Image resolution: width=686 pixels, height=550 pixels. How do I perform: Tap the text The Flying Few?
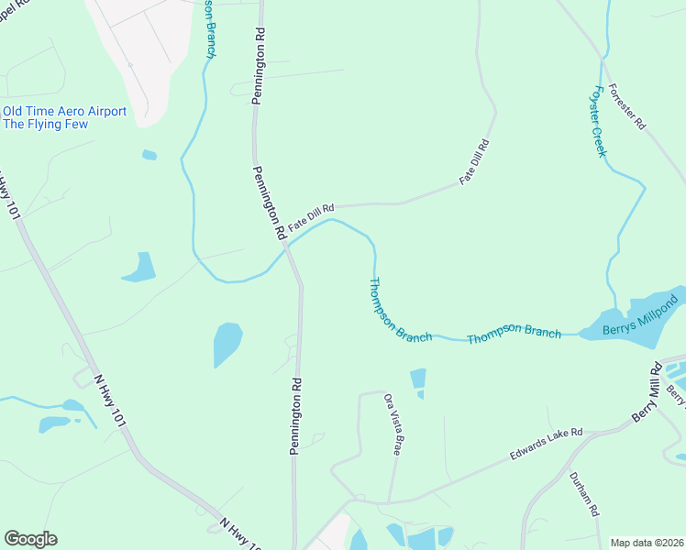tap(46, 125)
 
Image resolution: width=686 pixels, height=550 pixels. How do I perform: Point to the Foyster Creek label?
tap(600, 121)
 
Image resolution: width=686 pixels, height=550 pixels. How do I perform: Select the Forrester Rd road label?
tap(627, 108)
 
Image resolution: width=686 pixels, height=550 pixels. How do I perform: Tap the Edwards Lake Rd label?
tap(547, 445)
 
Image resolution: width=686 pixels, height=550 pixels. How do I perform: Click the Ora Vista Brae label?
tap(393, 423)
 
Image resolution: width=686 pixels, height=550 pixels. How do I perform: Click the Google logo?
tap(30, 539)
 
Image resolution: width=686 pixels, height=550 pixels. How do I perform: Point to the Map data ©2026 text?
tap(646, 543)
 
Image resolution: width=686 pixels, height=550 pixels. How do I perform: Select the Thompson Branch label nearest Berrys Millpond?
tap(514, 333)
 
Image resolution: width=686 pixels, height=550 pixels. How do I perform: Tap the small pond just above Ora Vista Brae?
tap(418, 378)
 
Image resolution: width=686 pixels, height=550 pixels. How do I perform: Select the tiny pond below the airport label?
tap(149, 155)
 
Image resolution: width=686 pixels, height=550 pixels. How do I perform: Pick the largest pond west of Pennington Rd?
tap(227, 344)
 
